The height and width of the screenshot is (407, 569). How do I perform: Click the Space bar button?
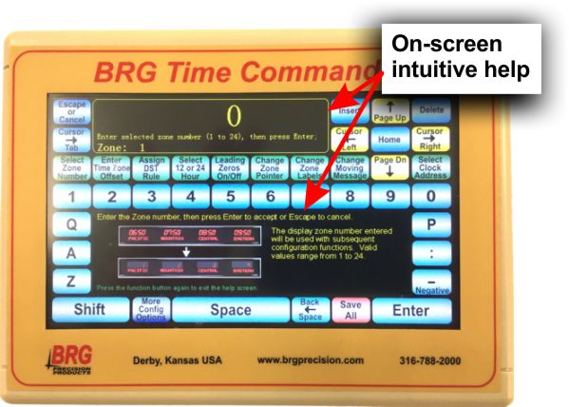tap(230, 309)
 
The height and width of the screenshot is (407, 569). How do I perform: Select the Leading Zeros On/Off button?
tap(229, 166)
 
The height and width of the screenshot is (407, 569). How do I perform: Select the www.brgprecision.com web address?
tap(310, 361)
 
